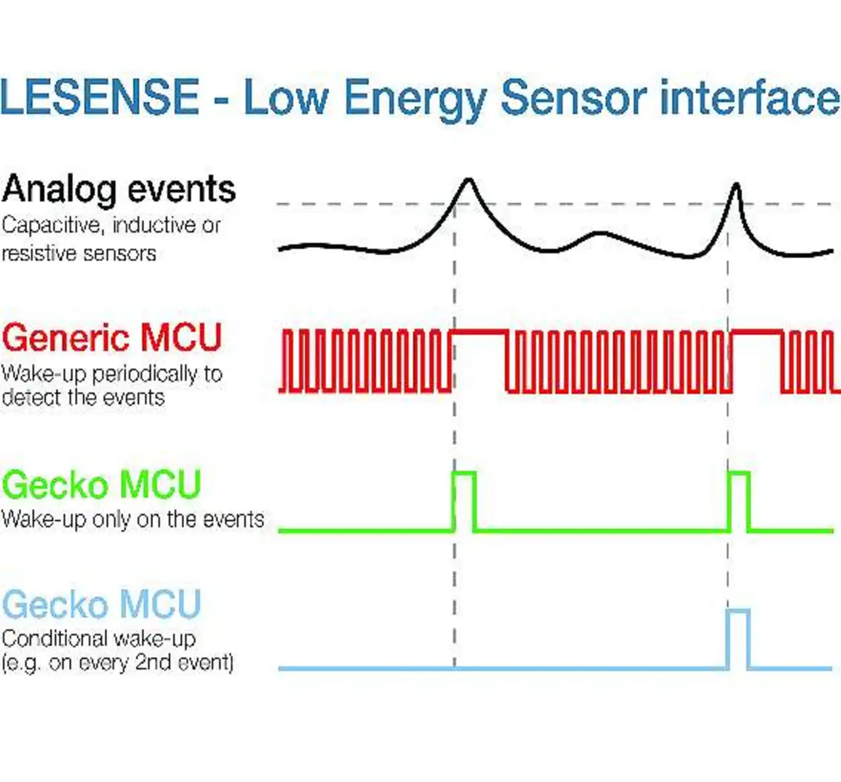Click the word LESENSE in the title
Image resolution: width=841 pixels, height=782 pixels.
point(100,97)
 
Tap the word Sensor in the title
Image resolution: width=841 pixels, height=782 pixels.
point(574,97)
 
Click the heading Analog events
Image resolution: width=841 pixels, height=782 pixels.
point(118,190)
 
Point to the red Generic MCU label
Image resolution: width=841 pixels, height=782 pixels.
point(112,338)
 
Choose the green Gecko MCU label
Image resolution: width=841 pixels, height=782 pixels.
point(101,484)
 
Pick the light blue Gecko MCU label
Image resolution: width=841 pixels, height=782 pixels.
point(101,604)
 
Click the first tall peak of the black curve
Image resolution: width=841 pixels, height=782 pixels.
point(468,180)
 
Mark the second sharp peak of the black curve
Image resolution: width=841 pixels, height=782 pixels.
point(737,185)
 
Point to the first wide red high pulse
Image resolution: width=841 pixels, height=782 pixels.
point(480,331)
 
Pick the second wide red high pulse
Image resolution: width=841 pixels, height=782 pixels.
point(757,331)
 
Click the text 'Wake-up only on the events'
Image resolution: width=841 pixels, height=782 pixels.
point(133,520)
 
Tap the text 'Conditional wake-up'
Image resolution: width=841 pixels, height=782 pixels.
point(99,639)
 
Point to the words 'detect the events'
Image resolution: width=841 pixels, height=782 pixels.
point(83,398)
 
